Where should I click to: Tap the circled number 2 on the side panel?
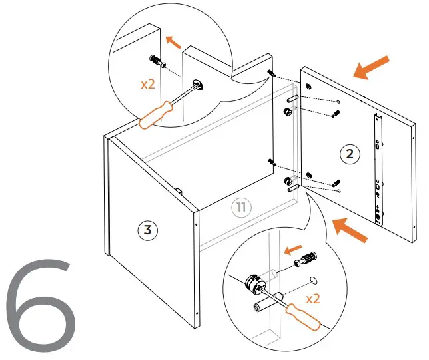tap(350, 154)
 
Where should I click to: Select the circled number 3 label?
tap(147, 230)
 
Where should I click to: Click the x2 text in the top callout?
tap(148, 85)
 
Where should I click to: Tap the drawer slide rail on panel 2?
tap(378, 167)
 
